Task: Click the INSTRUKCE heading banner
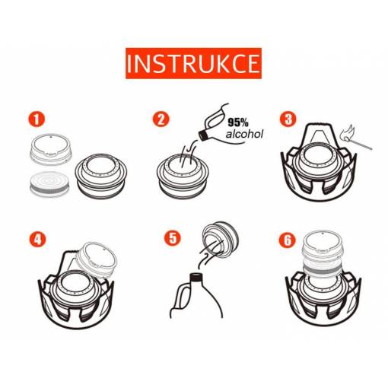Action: [193, 63]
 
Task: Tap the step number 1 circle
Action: [37, 119]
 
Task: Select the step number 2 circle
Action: [161, 119]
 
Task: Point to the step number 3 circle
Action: [288, 119]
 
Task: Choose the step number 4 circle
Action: [37, 239]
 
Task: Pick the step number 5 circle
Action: [173, 238]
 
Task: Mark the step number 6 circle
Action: [288, 240]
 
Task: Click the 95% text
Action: [238, 122]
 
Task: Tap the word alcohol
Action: [244, 134]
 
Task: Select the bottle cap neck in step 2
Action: [203, 135]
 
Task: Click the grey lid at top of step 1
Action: [51, 149]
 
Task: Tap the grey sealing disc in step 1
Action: [49, 184]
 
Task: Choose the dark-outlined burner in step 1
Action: [101, 176]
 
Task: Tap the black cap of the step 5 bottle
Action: [197, 277]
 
